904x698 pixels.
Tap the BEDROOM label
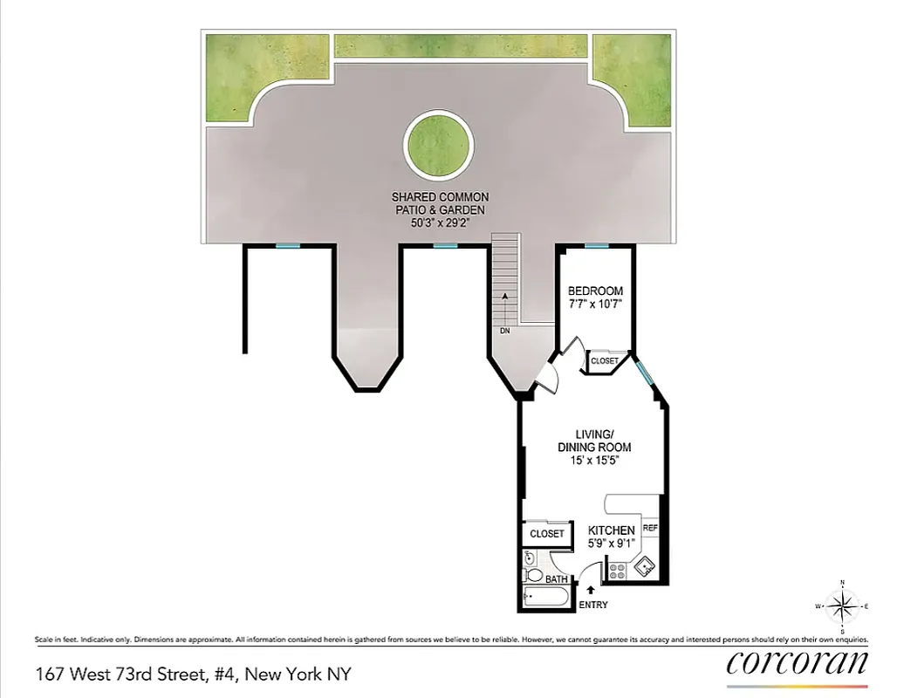[x=595, y=291]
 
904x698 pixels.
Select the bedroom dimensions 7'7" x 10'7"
[x=595, y=305]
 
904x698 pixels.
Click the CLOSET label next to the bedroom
[x=605, y=360]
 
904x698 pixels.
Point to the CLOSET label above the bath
[x=547, y=533]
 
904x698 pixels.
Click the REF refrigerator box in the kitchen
[x=650, y=529]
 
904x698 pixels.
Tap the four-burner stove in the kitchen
[x=617, y=571]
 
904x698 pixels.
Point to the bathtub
[x=544, y=597]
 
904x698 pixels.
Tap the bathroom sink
[x=529, y=558]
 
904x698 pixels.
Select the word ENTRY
[x=592, y=606]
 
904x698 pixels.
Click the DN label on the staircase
[x=504, y=332]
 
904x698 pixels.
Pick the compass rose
[x=841, y=606]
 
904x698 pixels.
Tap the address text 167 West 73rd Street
[x=135, y=674]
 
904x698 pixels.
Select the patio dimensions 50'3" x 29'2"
[x=440, y=222]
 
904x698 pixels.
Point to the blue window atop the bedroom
[x=596, y=246]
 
